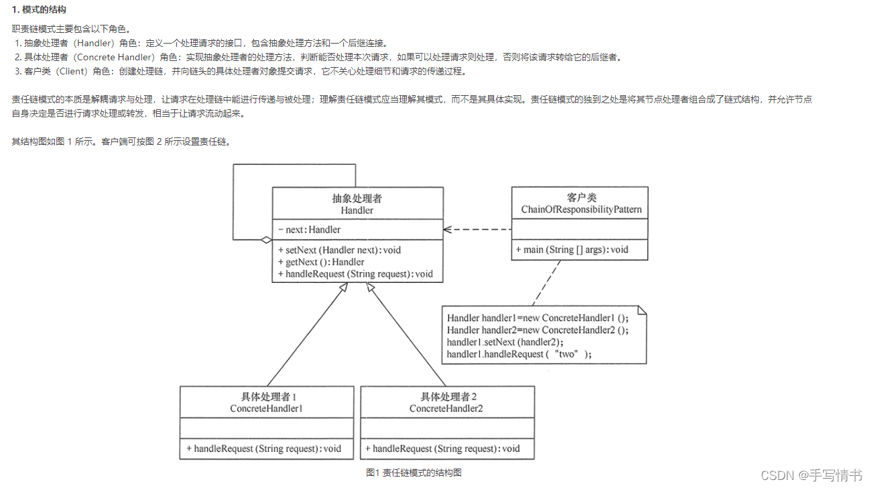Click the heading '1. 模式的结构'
tap(39, 10)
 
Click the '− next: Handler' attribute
tap(309, 230)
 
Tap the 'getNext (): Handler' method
tap(321, 262)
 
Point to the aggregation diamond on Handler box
tap(266, 239)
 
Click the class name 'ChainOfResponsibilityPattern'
tap(581, 210)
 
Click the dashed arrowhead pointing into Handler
tap(448, 229)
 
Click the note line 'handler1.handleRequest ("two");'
tap(519, 354)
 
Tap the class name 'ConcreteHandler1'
tap(266, 408)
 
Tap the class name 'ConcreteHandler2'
tap(446, 408)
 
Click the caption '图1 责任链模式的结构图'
tap(414, 473)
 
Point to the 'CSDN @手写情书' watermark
tap(811, 475)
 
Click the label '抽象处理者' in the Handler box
tap(357, 198)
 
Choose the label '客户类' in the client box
tap(581, 198)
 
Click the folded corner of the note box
tap(641, 311)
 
